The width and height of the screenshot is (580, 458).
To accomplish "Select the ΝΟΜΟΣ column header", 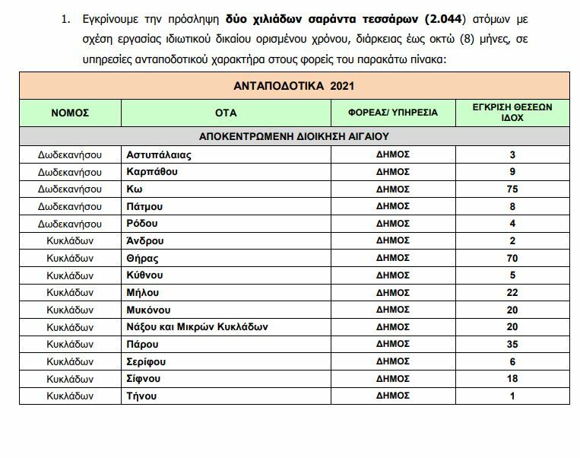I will click(70, 113).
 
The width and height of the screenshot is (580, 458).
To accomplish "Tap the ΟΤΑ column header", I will click(226, 113).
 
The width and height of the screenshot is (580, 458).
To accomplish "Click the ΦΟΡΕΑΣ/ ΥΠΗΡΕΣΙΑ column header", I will click(393, 113).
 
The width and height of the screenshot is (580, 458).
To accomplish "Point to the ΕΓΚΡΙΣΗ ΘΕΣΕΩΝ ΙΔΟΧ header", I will click(512, 113).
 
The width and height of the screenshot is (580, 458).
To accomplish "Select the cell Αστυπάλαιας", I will click(159, 154).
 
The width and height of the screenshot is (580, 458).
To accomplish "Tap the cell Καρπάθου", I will click(153, 172).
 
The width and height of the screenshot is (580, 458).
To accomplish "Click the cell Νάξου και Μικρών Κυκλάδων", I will click(198, 327).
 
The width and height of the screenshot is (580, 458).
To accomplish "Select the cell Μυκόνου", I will click(149, 310).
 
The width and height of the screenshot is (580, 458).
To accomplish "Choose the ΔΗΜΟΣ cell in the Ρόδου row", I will click(393, 224).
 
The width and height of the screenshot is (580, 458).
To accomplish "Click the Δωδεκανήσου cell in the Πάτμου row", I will click(70, 206).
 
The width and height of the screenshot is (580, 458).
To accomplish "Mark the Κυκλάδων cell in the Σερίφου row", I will click(70, 361).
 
